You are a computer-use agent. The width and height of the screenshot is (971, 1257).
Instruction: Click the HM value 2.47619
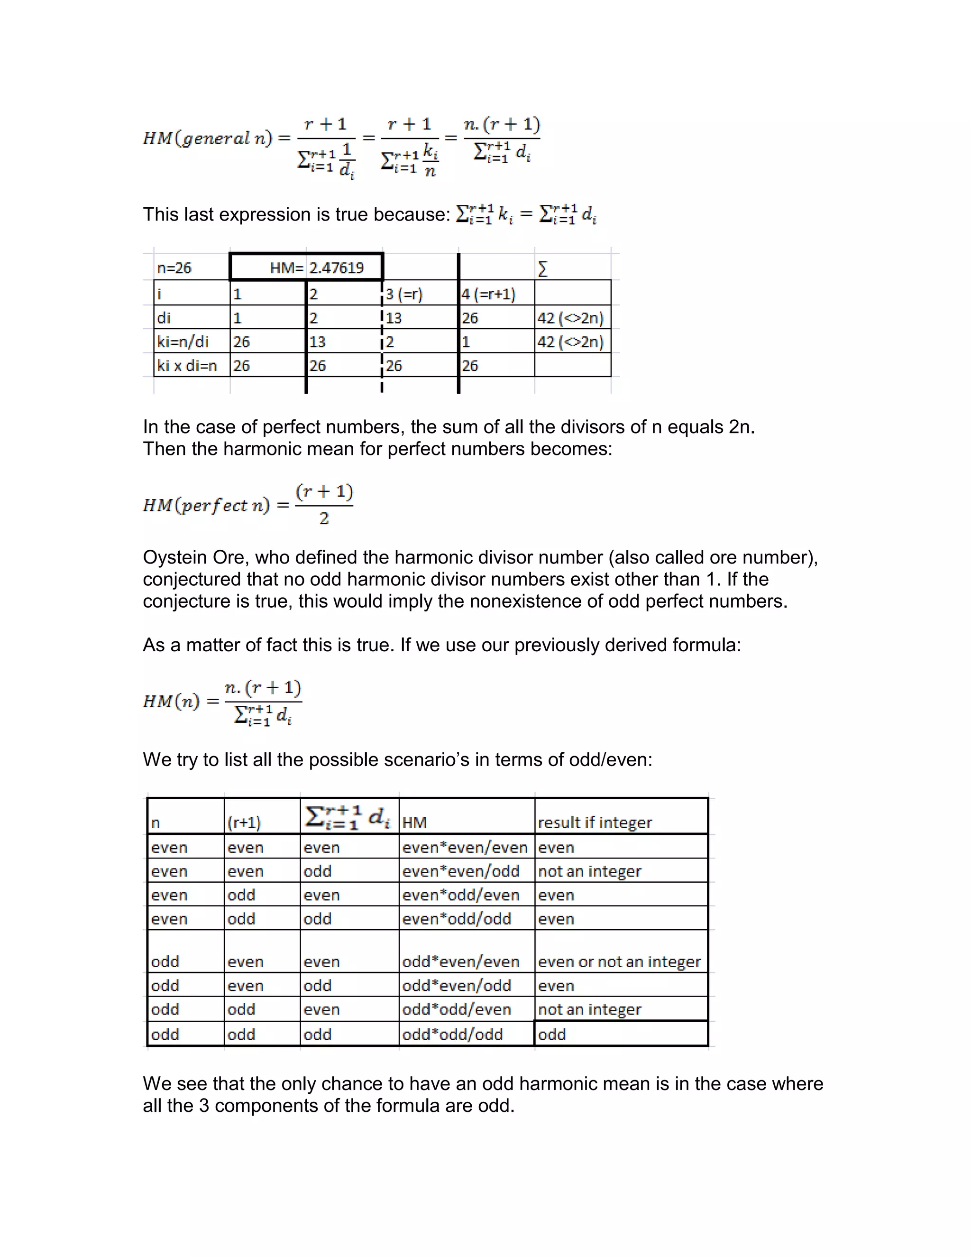[337, 268]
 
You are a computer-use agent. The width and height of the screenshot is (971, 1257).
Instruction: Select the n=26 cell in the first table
[174, 268]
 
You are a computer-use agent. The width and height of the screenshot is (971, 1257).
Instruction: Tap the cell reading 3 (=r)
[404, 295]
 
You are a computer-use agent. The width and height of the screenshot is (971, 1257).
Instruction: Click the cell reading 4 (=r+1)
[488, 295]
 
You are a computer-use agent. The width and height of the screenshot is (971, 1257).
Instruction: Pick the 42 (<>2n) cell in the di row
[570, 318]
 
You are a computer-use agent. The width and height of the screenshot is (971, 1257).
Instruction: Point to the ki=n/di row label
[183, 342]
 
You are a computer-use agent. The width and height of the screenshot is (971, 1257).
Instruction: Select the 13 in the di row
[394, 318]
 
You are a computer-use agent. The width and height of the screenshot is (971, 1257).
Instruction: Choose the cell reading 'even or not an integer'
[619, 962]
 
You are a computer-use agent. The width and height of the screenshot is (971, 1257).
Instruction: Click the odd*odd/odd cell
[452, 1034]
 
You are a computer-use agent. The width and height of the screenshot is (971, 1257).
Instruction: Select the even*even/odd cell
[460, 871]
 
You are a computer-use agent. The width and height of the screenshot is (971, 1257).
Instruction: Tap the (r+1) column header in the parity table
[244, 823]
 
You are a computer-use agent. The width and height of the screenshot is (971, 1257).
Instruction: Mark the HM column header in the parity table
[414, 823]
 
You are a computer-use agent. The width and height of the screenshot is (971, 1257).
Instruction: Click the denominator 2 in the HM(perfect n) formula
[324, 519]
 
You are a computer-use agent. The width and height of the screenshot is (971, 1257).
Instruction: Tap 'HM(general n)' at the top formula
[207, 138]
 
